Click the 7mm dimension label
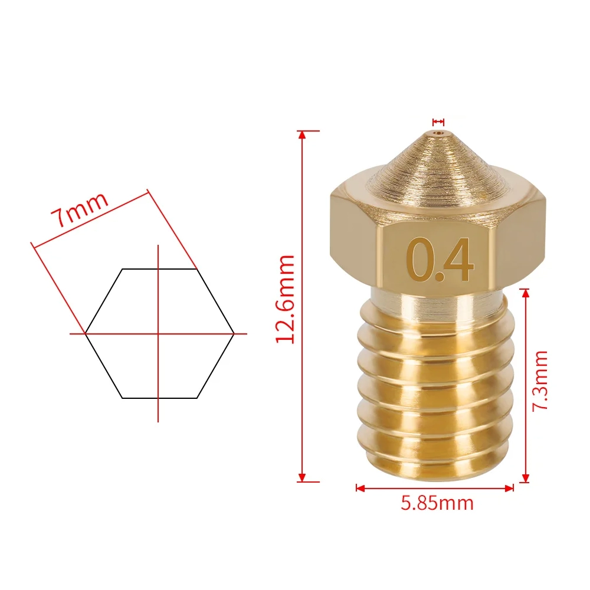tap(80, 210)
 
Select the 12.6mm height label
tap(286, 299)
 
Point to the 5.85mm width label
tap(437, 503)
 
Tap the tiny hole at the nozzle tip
tap(438, 135)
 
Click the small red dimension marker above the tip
tap(438, 122)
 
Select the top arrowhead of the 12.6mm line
tap(303, 135)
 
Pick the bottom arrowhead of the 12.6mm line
tap(303, 477)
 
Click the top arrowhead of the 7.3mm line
tap(526, 293)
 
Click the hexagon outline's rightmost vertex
tap(234, 333)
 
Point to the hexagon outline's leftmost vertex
tap(86, 333)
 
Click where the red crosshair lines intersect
tap(158, 333)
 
